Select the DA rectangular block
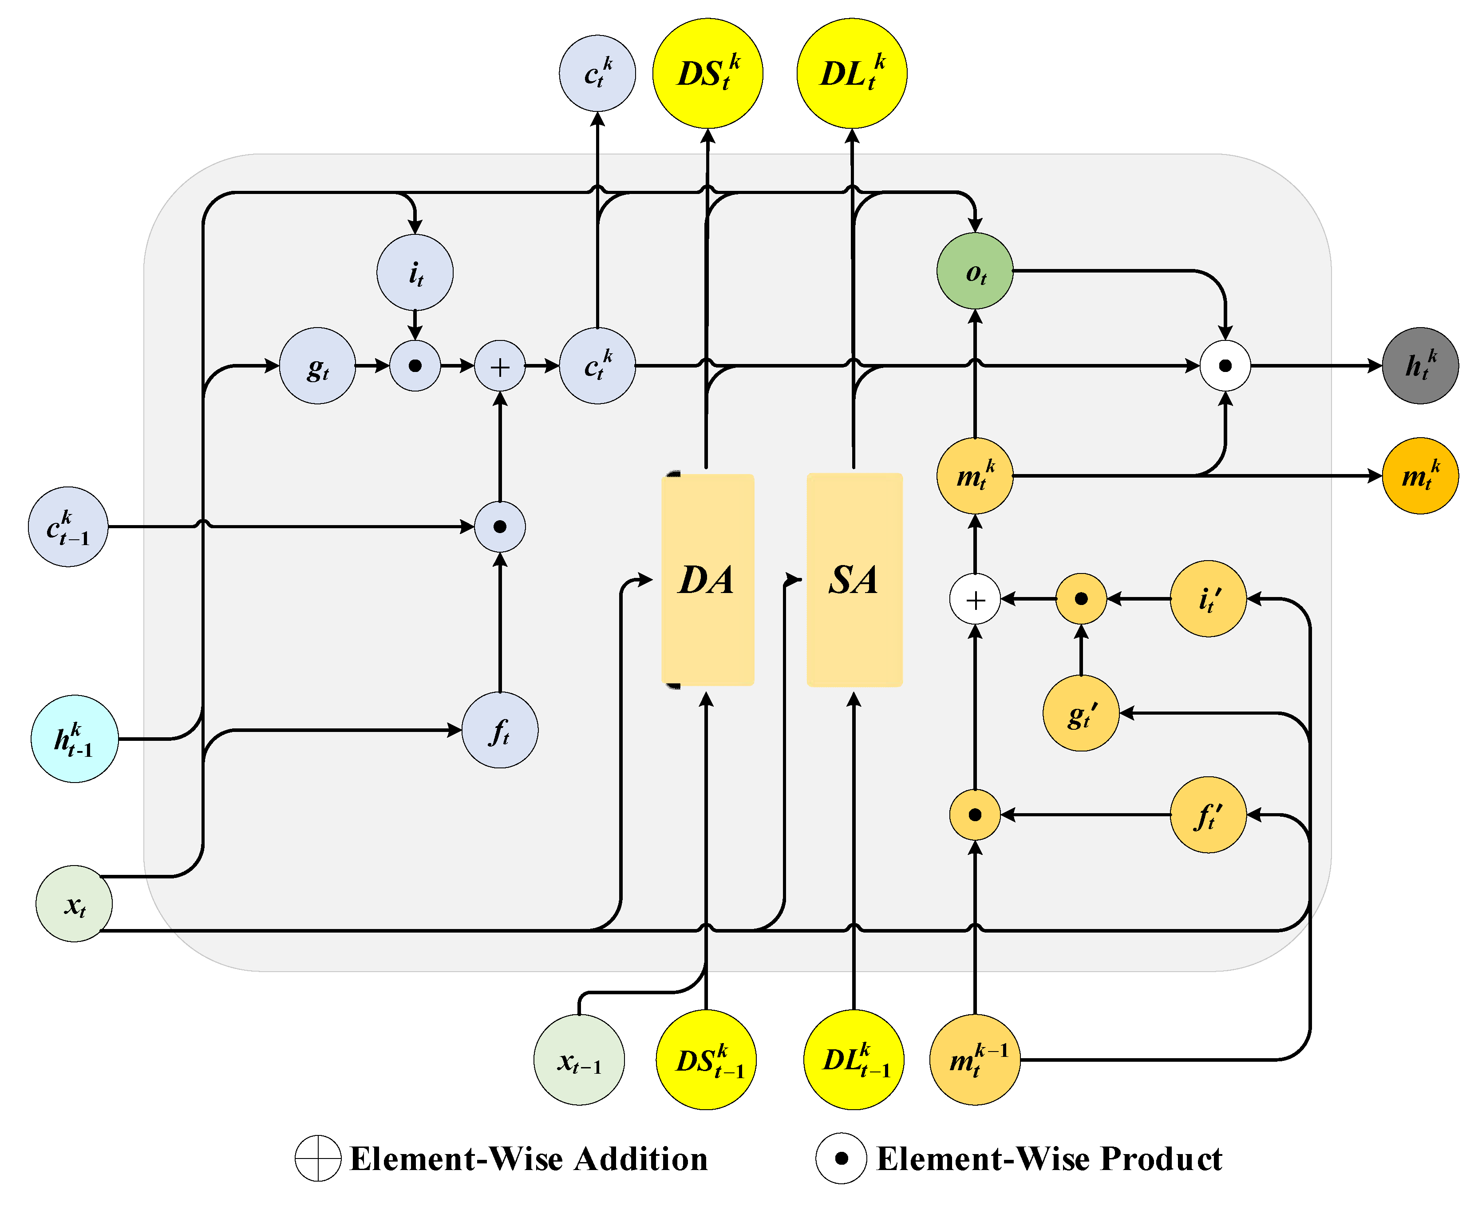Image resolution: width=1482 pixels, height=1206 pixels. pyautogui.click(x=707, y=579)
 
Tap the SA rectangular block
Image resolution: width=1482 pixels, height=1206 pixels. pyautogui.click(x=854, y=579)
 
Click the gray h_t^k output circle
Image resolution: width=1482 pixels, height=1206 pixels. pyautogui.click(x=1420, y=365)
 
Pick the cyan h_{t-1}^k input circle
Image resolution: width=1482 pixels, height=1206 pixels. pyautogui.click(x=74, y=739)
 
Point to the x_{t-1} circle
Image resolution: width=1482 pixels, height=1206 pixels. pyautogui.click(x=578, y=1060)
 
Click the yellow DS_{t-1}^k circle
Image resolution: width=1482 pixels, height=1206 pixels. pyautogui.click(x=706, y=1060)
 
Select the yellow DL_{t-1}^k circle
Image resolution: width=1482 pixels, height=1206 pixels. pyautogui.click(x=854, y=1060)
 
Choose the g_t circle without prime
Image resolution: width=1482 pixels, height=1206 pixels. pyautogui.click(x=317, y=365)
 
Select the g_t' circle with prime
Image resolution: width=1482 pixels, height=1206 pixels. pyautogui.click(x=1081, y=713)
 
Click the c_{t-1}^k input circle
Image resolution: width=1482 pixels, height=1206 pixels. pyautogui.click(x=68, y=526)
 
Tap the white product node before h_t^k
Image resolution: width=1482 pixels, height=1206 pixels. pyautogui.click(x=1225, y=365)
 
